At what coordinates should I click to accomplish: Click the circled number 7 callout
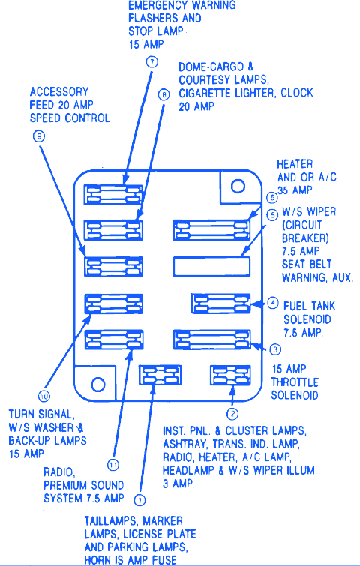(152, 62)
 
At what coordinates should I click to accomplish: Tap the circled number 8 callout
(163, 94)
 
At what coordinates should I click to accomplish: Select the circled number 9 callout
(39, 136)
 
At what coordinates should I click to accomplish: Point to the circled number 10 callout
(44, 397)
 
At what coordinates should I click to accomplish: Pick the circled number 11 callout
(113, 465)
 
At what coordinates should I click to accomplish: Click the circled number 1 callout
(139, 500)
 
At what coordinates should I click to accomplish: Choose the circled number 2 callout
(232, 414)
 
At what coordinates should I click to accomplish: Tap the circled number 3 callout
(275, 349)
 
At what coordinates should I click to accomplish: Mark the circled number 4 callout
(272, 303)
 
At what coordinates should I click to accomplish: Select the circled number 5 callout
(272, 215)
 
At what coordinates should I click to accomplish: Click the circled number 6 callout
(272, 198)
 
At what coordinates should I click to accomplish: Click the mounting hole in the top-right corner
(238, 186)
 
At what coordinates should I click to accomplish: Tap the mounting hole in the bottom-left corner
(98, 385)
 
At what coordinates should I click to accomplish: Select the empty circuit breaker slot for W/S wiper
(211, 266)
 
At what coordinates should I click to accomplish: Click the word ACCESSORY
(59, 91)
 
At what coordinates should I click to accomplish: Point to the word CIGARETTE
(205, 93)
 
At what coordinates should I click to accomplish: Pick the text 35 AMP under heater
(295, 190)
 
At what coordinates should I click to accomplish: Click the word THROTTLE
(295, 382)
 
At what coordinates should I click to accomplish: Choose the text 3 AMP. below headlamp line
(178, 484)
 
